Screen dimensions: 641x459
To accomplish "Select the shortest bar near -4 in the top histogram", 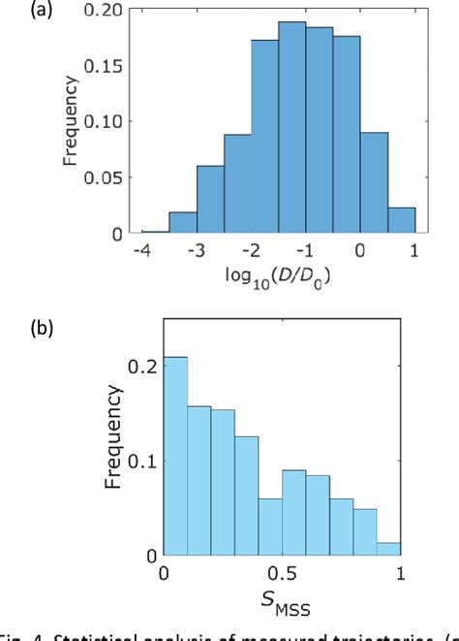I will coord(155,230).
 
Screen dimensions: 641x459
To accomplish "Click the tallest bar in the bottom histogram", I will coord(174,456).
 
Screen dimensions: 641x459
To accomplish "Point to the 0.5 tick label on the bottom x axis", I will coord(281,573).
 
